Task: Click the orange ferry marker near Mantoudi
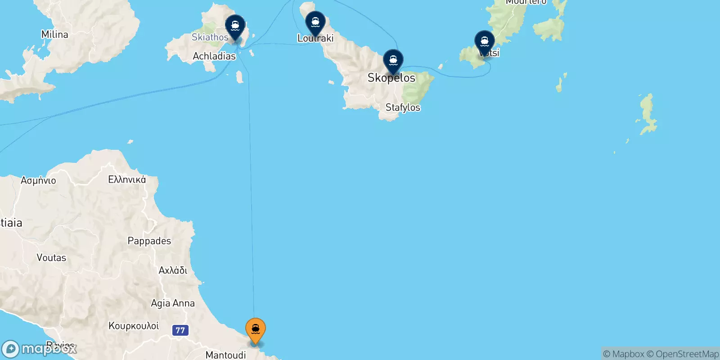255,330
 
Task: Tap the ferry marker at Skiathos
235,26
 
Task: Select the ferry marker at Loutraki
315,22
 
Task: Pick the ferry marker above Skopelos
393,61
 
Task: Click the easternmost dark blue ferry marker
484,42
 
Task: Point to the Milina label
54,35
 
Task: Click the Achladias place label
214,56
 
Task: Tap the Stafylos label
403,108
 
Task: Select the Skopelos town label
391,78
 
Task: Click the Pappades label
149,241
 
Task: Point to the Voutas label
51,258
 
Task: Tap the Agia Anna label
172,303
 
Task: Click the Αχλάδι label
173,270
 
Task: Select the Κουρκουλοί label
134,326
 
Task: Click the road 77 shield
180,330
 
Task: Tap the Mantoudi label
225,355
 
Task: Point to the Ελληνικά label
127,180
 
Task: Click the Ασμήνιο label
38,180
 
